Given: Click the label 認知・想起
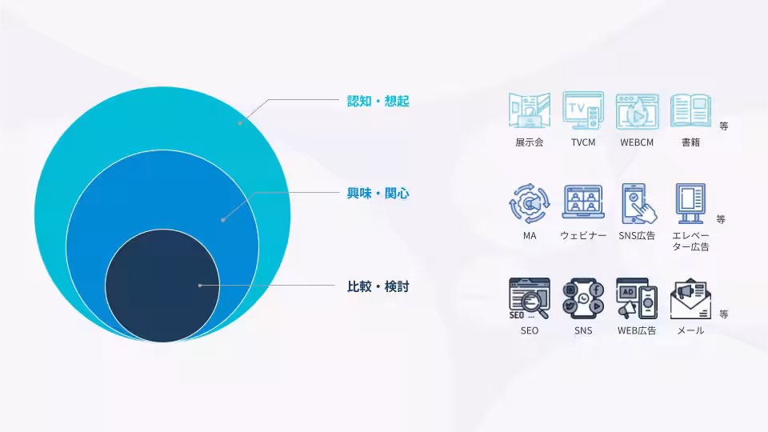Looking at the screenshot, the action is click(x=378, y=101).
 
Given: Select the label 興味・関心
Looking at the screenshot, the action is click(x=378, y=194).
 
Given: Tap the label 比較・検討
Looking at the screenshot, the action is click(x=378, y=286).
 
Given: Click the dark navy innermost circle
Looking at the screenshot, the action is click(x=162, y=286).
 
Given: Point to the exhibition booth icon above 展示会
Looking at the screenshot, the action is click(x=530, y=110).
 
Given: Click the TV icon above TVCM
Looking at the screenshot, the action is click(x=583, y=110).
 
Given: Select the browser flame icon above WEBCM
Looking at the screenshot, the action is click(x=637, y=112).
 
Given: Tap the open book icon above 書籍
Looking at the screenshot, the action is click(x=690, y=110).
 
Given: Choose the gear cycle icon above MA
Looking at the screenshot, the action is click(x=530, y=204).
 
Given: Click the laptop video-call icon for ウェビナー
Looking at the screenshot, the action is click(x=583, y=202).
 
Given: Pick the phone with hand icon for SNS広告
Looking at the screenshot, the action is click(x=638, y=204).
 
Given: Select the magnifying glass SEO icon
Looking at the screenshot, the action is click(x=530, y=298).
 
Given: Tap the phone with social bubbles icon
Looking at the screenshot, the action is click(x=583, y=298).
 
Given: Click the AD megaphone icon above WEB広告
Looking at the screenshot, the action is click(x=637, y=298).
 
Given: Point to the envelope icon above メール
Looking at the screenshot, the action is click(x=690, y=298).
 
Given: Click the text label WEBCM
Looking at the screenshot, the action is click(x=637, y=142).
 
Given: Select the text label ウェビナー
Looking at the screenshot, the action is click(x=583, y=235).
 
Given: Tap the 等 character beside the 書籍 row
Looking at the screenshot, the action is click(x=724, y=126).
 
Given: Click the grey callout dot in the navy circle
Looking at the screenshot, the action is click(x=200, y=285).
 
